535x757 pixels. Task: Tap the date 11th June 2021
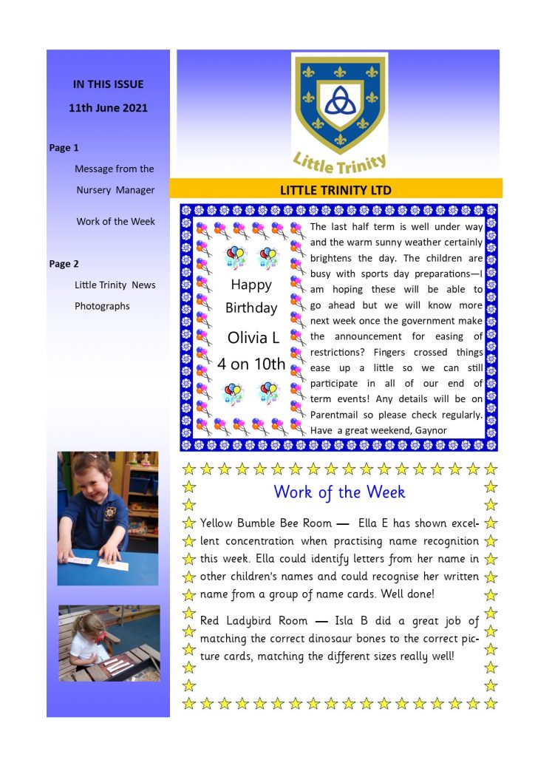click(x=108, y=108)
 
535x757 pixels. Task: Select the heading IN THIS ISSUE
click(x=108, y=84)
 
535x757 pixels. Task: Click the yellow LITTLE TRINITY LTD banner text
click(x=335, y=190)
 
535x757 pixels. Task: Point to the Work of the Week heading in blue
click(x=339, y=491)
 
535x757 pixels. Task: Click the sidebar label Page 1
click(x=64, y=148)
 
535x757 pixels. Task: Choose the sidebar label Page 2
click(x=64, y=264)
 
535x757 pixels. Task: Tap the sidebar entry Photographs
click(x=102, y=306)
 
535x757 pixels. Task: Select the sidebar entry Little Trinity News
click(x=115, y=285)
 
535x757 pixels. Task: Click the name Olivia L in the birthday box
click(x=253, y=339)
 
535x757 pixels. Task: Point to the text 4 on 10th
click(x=251, y=364)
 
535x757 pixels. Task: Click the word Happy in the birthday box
click(x=251, y=285)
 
